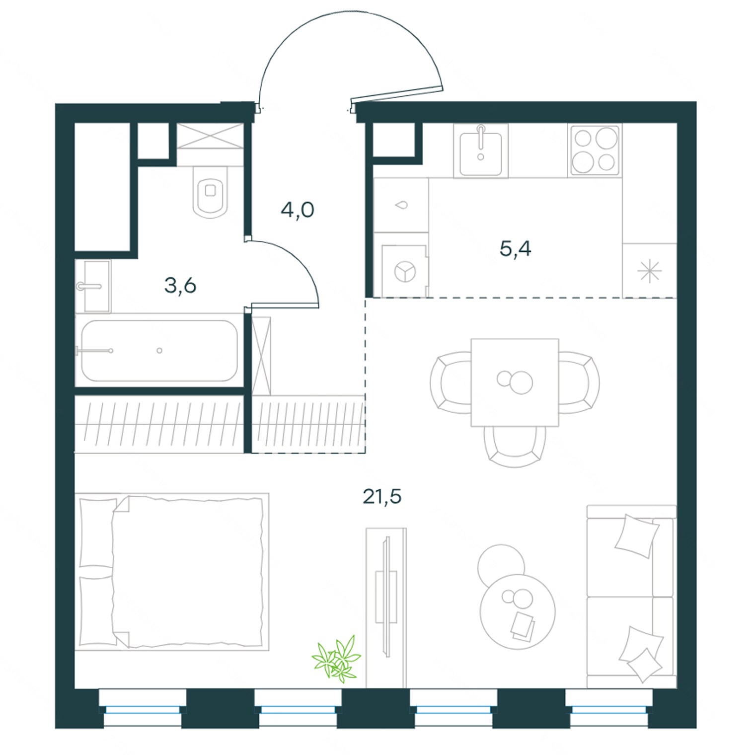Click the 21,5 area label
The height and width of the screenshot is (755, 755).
pyautogui.click(x=382, y=496)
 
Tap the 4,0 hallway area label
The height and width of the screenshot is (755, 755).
pyautogui.click(x=298, y=210)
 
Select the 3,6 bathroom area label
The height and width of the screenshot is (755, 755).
pyautogui.click(x=180, y=286)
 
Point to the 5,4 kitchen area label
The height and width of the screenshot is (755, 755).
pyautogui.click(x=516, y=248)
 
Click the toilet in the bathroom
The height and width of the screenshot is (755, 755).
pyautogui.click(x=210, y=192)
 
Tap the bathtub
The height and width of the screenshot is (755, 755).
pyautogui.click(x=159, y=351)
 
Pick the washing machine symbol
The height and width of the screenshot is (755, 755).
pyautogui.click(x=404, y=271)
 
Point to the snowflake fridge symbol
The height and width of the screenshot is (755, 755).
pyautogui.click(x=650, y=272)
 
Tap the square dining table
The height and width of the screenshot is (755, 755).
pyautogui.click(x=515, y=382)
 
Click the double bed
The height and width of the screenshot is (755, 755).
pyautogui.click(x=172, y=572)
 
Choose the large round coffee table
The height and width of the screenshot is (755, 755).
pyautogui.click(x=518, y=612)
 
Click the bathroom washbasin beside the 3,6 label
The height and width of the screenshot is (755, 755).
pyautogui.click(x=94, y=287)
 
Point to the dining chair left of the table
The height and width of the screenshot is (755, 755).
pyautogui.click(x=451, y=382)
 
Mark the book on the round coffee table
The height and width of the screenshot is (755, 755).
pyautogui.click(x=523, y=625)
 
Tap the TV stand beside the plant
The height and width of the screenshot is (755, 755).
pyautogui.click(x=386, y=608)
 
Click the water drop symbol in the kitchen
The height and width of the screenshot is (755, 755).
pyautogui.click(x=401, y=205)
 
